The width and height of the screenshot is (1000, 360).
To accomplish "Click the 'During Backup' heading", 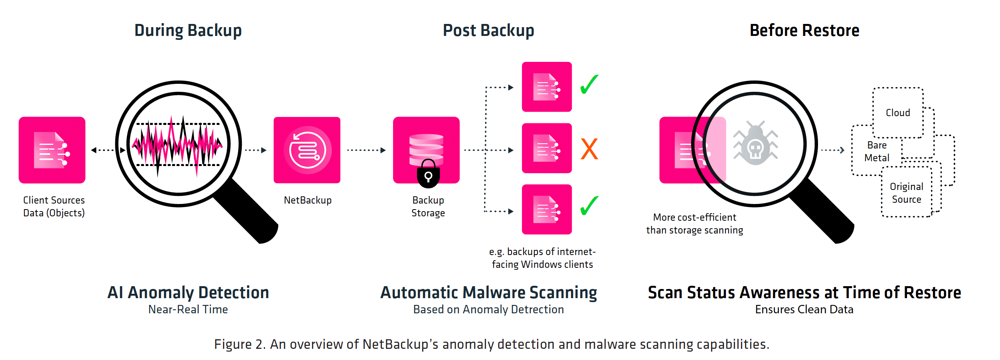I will click(x=188, y=31).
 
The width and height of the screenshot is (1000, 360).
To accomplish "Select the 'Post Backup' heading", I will click(x=488, y=31).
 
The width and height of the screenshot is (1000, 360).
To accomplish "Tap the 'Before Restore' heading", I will click(x=804, y=31).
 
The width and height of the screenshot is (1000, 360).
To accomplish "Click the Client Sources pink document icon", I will click(x=52, y=150).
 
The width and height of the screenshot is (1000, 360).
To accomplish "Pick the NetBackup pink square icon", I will click(x=307, y=150).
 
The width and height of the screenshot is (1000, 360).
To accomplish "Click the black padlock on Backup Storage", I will click(x=428, y=174).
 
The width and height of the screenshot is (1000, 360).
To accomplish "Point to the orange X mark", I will click(x=589, y=149).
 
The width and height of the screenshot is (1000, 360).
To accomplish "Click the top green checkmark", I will click(x=589, y=84).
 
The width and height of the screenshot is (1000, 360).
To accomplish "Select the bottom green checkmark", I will click(x=589, y=206).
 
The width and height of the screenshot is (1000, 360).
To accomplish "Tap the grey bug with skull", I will click(x=755, y=144).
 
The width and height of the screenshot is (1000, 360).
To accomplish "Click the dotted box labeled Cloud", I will click(x=898, y=113).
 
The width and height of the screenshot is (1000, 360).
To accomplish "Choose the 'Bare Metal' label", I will click(x=877, y=152).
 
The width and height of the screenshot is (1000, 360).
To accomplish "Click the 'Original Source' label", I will click(x=906, y=193).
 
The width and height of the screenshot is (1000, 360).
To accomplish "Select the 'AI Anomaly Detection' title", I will click(x=188, y=293).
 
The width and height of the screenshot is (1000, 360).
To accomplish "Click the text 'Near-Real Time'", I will click(x=188, y=310).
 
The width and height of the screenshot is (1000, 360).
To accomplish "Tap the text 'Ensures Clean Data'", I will click(x=804, y=310).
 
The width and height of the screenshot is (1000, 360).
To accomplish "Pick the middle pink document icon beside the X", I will click(x=547, y=148).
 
